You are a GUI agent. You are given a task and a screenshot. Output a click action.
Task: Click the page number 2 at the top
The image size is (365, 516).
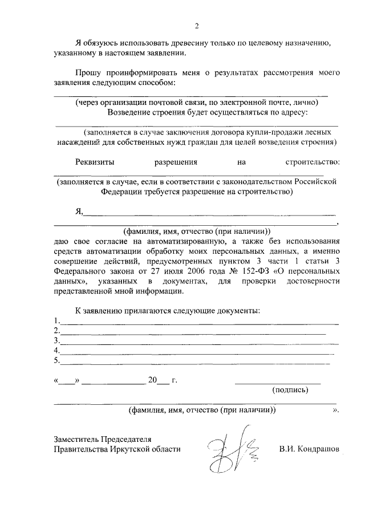click(197, 26)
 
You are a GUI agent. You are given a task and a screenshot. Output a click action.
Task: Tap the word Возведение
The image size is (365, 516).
click(128, 112)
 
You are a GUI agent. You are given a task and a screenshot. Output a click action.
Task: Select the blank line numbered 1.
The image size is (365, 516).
click(199, 323)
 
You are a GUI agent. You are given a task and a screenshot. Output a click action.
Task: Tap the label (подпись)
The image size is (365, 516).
click(291, 390)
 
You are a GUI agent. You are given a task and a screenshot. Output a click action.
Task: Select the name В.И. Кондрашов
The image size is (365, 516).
click(309, 449)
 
